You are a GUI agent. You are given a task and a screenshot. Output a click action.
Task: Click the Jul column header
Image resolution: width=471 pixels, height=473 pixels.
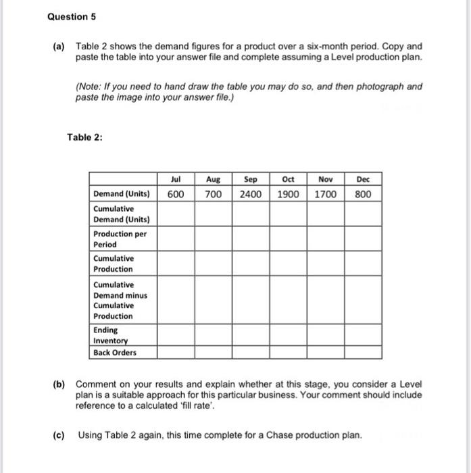[176, 180]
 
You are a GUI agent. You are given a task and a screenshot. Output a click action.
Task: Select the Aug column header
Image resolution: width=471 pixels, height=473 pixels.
[213, 180]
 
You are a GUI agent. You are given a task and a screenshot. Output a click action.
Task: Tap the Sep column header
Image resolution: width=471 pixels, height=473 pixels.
[251, 180]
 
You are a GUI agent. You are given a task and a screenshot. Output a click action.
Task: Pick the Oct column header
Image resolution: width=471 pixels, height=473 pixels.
[288, 180]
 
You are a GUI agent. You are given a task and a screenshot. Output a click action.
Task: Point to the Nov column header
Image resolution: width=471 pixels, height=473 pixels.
[325, 180]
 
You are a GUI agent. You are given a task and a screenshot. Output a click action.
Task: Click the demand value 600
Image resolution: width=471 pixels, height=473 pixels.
[176, 194]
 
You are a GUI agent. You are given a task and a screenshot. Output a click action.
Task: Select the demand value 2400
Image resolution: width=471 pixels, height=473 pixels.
[251, 194]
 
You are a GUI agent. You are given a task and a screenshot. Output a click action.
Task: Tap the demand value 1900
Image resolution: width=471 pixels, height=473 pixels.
[288, 194]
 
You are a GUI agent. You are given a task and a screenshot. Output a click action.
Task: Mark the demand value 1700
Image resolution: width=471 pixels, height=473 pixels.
[325, 194]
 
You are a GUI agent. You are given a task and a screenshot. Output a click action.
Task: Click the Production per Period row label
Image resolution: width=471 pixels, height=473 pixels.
[120, 239]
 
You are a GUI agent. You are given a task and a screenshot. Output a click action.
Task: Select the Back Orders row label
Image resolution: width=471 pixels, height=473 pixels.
[115, 352]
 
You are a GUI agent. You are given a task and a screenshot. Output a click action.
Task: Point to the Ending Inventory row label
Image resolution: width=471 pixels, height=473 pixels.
[109, 335]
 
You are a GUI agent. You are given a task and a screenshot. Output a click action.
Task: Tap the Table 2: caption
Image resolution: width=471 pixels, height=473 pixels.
[84, 138]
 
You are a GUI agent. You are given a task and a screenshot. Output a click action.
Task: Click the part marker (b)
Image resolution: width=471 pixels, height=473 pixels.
[59, 384]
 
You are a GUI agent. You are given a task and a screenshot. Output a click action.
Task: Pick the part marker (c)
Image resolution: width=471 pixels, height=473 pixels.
[59, 434]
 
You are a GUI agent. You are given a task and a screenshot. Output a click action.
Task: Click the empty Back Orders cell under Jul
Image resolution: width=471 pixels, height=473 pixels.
[176, 352]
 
